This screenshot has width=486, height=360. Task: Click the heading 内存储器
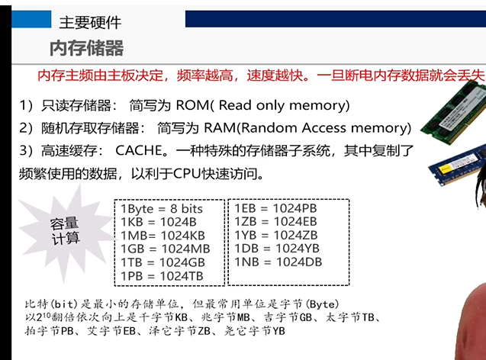point(86,49)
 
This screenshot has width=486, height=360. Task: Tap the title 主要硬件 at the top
point(90,22)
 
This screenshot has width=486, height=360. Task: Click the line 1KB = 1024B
point(153,222)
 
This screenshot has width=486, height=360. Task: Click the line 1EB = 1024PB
point(275,208)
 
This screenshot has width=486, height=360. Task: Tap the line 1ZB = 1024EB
point(275,221)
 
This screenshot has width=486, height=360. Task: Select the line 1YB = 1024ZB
point(275,235)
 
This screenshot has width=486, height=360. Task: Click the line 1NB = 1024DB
point(277,262)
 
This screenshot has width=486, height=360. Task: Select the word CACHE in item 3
point(140,152)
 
